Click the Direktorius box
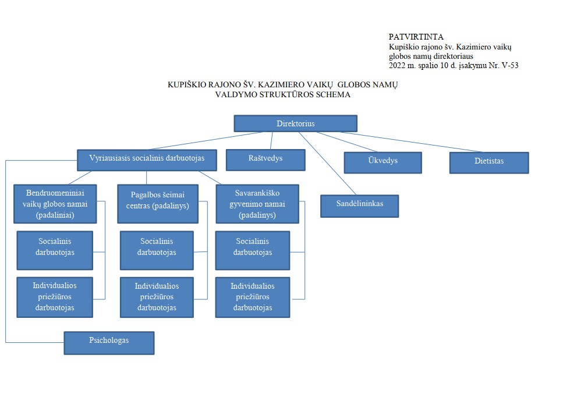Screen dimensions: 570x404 296,123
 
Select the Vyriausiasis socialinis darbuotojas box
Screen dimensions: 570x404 147,160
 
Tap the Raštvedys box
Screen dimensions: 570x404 265,160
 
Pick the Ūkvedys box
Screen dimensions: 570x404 383,162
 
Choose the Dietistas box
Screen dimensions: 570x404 489,162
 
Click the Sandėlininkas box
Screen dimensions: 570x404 359,206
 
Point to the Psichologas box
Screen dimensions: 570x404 109,343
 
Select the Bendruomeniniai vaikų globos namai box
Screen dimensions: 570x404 55,204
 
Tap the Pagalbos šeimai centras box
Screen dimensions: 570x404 158,204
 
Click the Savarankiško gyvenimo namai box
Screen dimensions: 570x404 257,204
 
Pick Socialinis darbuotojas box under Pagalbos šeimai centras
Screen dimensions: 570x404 157,250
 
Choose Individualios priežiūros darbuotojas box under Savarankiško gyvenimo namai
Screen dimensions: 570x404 253,297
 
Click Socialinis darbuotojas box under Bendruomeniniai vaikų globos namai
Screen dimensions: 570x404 55,250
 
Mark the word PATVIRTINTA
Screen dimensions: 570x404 416,37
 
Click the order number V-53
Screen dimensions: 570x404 510,65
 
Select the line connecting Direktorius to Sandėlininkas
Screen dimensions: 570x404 328,164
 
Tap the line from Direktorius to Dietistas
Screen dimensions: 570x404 411,141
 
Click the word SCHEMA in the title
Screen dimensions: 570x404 333,95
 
